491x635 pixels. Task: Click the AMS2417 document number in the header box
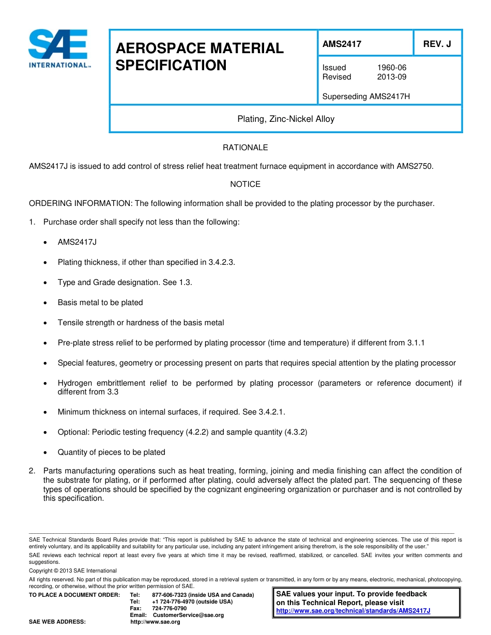(342, 44)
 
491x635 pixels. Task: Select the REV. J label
(437, 44)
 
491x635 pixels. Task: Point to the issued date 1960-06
(392, 68)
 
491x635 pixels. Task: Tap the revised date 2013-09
(392, 77)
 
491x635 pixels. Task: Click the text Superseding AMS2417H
(366, 97)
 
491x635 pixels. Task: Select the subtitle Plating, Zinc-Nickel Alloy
(286, 119)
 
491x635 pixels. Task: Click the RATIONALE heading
(245, 148)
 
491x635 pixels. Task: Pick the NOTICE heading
(245, 184)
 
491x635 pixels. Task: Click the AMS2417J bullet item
(77, 242)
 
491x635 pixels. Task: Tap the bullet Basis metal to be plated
(100, 303)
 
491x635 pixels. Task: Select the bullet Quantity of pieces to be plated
(111, 452)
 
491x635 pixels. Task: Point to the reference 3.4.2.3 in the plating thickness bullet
(221, 262)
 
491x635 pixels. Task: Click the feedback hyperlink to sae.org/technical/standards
(353, 611)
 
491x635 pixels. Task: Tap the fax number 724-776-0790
(170, 608)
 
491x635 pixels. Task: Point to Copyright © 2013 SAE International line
(73, 570)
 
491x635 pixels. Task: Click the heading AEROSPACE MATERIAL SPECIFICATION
(200, 57)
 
